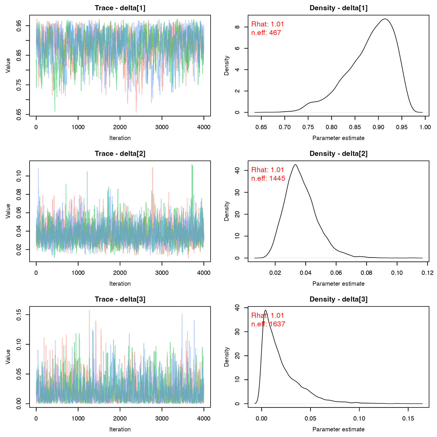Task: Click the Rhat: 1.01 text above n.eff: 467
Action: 267,24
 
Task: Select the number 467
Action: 275,33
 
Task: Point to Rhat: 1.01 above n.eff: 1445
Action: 267,170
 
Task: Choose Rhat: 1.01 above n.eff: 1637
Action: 267,316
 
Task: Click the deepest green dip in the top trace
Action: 55,110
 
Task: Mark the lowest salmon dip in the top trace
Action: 136,112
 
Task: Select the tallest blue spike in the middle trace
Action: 38,169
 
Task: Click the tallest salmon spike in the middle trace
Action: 153,168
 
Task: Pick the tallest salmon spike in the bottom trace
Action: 89,311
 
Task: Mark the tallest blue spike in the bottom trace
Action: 182,315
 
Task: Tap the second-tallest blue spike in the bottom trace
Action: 194,321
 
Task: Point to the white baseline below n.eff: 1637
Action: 339,404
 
